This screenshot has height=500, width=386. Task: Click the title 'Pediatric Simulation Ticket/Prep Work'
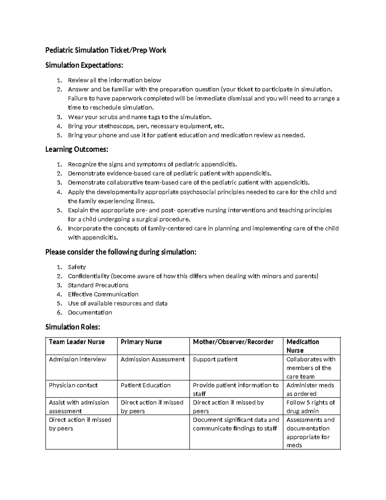pyautogui.click(x=106, y=50)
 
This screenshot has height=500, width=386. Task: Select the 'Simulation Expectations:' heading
pyautogui.click(x=84, y=65)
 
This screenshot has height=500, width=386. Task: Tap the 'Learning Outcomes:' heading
pyautogui.click(x=77, y=149)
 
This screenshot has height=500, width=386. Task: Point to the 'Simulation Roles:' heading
pyautogui.click(x=73, y=327)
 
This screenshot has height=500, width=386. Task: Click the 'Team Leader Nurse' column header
pyautogui.click(x=77, y=342)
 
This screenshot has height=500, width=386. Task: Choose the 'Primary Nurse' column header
pyautogui.click(x=141, y=342)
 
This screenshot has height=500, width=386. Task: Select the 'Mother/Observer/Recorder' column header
pyautogui.click(x=233, y=342)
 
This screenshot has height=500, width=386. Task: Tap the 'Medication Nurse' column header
pyautogui.click(x=302, y=346)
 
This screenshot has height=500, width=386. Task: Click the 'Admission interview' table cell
pyautogui.click(x=77, y=359)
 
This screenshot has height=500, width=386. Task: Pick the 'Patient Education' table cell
pyautogui.click(x=145, y=385)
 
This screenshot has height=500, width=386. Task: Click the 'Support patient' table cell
pyautogui.click(x=215, y=359)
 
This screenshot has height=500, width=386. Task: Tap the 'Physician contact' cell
pyautogui.click(x=73, y=385)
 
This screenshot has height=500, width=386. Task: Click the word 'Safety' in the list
pyautogui.click(x=77, y=267)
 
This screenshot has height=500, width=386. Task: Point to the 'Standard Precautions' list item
pyautogui.click(x=98, y=285)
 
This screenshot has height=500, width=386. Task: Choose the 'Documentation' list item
pyautogui.click(x=90, y=312)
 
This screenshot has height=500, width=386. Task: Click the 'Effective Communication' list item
pyautogui.click(x=103, y=294)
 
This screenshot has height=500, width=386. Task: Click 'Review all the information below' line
pyautogui.click(x=114, y=80)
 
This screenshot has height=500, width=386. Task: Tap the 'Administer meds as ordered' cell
pyautogui.click(x=310, y=389)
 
